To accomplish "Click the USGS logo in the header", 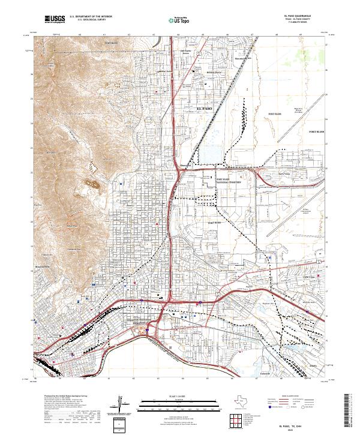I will (55, 20).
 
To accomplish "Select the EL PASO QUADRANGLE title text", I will (293, 17).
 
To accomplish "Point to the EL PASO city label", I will (205, 107).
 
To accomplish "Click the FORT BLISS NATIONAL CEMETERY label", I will (228, 181).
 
